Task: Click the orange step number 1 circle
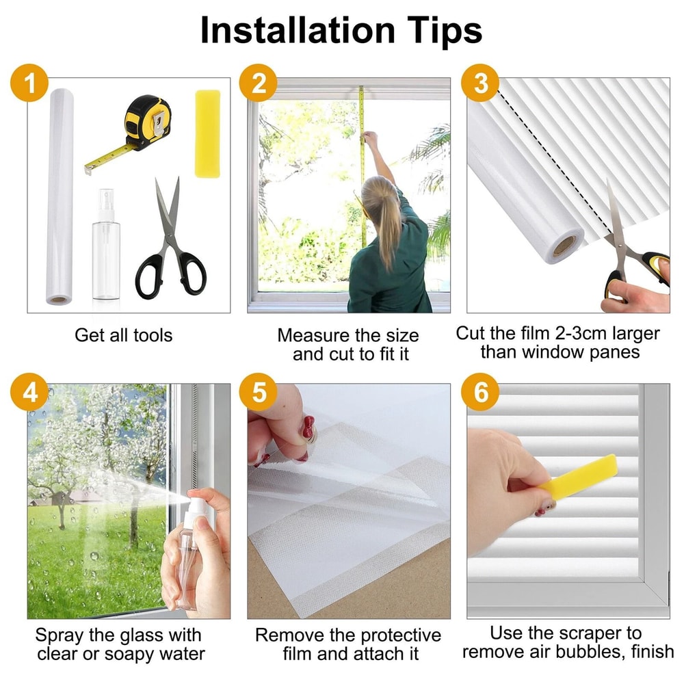[x=29, y=83]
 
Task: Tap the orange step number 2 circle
[x=259, y=83]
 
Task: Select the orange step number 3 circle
[x=480, y=83]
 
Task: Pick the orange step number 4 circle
[x=29, y=392]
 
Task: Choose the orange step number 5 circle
[x=259, y=392]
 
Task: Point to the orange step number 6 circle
[x=480, y=392]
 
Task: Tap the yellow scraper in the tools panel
[x=208, y=134]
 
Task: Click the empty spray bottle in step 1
[x=106, y=244]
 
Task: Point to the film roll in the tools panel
[x=60, y=196]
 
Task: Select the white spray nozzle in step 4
[x=196, y=506]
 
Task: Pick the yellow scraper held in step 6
[x=577, y=476]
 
